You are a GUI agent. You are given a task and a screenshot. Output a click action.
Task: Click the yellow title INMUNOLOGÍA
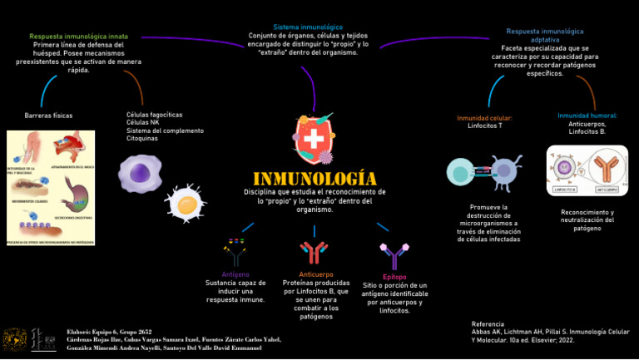314,180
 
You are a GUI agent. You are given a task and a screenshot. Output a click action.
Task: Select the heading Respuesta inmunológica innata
79,37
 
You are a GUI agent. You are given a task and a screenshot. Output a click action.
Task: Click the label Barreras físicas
48,115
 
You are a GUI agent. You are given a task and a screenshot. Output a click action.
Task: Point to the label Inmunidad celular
484,118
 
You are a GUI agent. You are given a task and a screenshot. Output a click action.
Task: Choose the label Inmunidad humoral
587,116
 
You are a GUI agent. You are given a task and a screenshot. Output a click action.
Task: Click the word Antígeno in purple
235,274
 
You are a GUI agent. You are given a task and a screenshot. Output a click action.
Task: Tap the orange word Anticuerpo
315,274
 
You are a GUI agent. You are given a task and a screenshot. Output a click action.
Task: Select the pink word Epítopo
394,277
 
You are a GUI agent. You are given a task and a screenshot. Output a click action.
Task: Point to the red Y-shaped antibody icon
314,251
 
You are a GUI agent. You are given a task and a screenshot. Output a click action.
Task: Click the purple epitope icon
393,255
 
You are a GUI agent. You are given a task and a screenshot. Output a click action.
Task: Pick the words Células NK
142,123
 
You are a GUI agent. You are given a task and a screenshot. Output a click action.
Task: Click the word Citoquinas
142,138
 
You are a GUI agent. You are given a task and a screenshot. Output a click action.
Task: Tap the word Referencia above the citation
488,323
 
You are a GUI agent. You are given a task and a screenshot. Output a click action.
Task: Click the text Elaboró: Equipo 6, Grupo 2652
109,332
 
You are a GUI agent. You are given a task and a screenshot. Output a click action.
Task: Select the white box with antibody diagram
587,171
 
